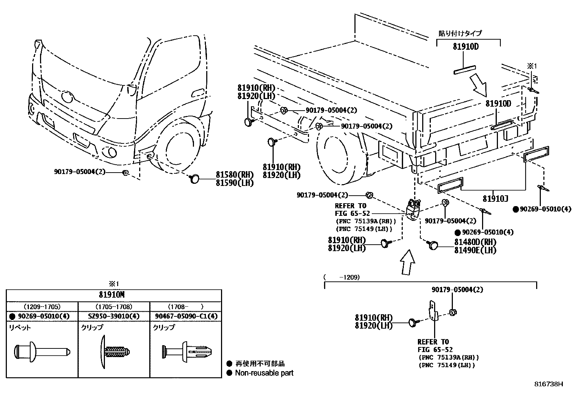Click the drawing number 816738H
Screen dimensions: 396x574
548,384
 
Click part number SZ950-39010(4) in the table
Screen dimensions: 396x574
114,316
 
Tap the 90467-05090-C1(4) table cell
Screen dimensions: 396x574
186,316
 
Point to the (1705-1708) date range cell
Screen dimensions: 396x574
114,307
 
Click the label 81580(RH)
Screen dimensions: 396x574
235,174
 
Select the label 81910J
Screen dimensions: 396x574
495,199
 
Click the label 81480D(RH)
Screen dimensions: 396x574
475,242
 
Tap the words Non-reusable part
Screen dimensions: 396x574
264,373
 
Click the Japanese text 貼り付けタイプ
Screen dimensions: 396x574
460,33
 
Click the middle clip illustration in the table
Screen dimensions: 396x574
114,351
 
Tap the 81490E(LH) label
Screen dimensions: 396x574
475,250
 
